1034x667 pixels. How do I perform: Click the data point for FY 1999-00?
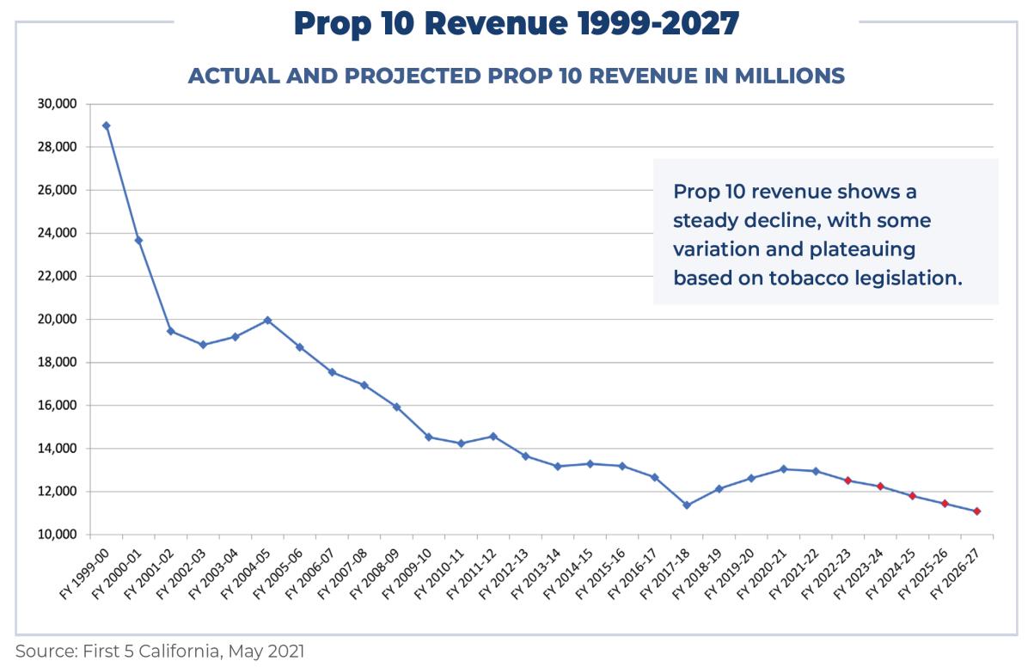click(x=106, y=125)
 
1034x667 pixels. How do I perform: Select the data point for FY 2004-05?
click(x=267, y=321)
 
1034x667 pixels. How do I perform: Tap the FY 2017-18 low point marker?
click(x=687, y=505)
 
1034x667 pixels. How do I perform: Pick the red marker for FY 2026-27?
click(x=977, y=511)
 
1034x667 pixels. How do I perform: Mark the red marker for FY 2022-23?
click(x=848, y=480)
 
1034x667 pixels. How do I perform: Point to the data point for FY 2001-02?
click(x=170, y=331)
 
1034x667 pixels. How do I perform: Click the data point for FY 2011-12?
click(x=493, y=437)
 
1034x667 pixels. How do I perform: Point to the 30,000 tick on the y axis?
click(x=58, y=104)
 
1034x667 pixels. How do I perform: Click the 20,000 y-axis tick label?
click(x=58, y=319)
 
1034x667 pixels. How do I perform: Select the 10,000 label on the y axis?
click(x=58, y=535)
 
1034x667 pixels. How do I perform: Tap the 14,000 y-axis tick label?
click(x=58, y=449)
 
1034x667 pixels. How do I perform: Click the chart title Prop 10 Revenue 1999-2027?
click(x=516, y=23)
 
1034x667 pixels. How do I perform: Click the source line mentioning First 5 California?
click(x=160, y=652)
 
